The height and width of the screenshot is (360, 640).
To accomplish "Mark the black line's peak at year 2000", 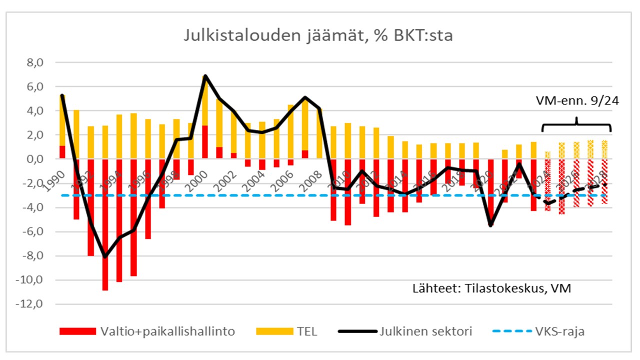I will pos(205,75).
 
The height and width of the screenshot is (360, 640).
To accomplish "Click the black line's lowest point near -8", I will pos(105,256).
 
